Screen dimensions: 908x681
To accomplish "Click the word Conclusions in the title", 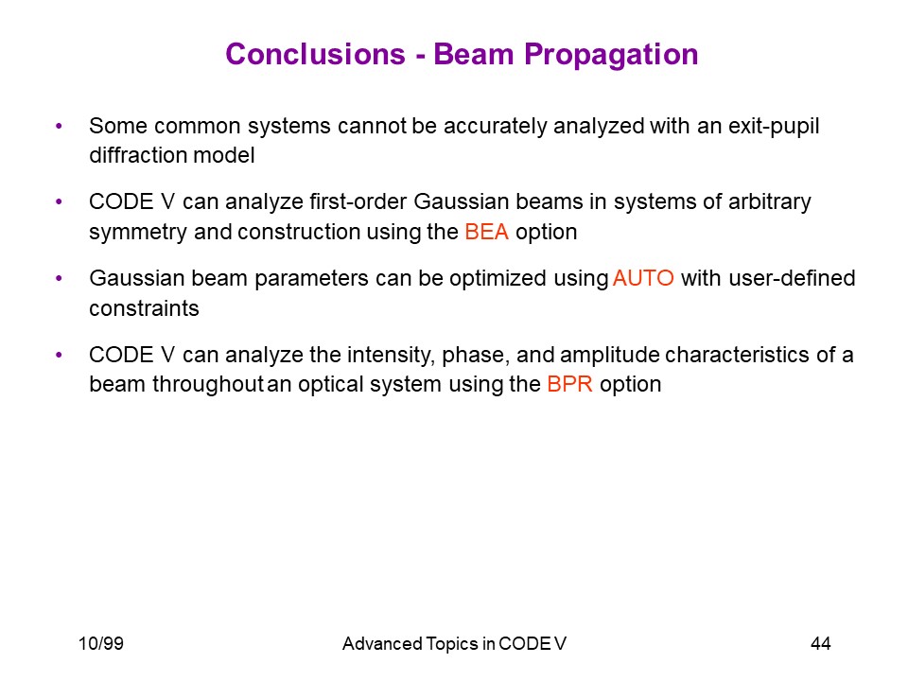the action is [x=315, y=55].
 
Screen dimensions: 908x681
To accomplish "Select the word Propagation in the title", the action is [x=611, y=56].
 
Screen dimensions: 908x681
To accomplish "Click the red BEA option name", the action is [x=486, y=232].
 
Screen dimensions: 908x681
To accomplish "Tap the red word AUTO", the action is [x=643, y=278].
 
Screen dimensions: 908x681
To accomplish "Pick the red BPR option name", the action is [x=569, y=384].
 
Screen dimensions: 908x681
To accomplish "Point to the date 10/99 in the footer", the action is [x=101, y=643].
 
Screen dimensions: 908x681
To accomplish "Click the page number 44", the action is [x=821, y=643].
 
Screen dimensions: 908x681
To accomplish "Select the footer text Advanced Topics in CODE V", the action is [x=454, y=643].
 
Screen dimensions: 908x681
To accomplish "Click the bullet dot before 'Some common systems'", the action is [x=59, y=126].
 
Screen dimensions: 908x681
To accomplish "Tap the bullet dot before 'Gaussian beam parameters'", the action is [x=59, y=278].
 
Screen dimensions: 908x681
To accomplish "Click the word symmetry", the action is [x=138, y=233].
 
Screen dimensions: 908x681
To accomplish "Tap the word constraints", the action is [x=144, y=308].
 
